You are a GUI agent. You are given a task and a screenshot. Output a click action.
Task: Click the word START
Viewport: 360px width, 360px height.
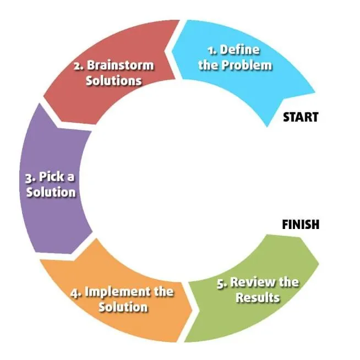click(301, 117)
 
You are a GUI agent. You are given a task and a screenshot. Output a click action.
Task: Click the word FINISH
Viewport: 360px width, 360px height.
click(301, 224)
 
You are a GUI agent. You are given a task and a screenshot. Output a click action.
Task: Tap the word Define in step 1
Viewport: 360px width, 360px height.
click(240, 50)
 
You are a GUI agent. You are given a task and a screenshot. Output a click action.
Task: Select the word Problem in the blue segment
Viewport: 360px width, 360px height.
click(247, 65)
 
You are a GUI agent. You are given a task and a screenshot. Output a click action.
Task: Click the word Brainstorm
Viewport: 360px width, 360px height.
click(121, 65)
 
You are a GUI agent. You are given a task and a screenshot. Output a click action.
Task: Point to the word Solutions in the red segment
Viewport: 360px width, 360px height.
click(113, 80)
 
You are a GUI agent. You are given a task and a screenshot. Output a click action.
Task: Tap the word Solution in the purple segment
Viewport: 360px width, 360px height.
click(51, 192)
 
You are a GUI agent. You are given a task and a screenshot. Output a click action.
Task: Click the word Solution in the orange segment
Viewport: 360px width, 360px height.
click(123, 307)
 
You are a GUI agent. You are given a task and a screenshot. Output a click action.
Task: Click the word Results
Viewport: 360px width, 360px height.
click(258, 298)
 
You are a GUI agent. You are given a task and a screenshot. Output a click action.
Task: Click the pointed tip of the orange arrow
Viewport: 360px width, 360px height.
click(193, 310)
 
